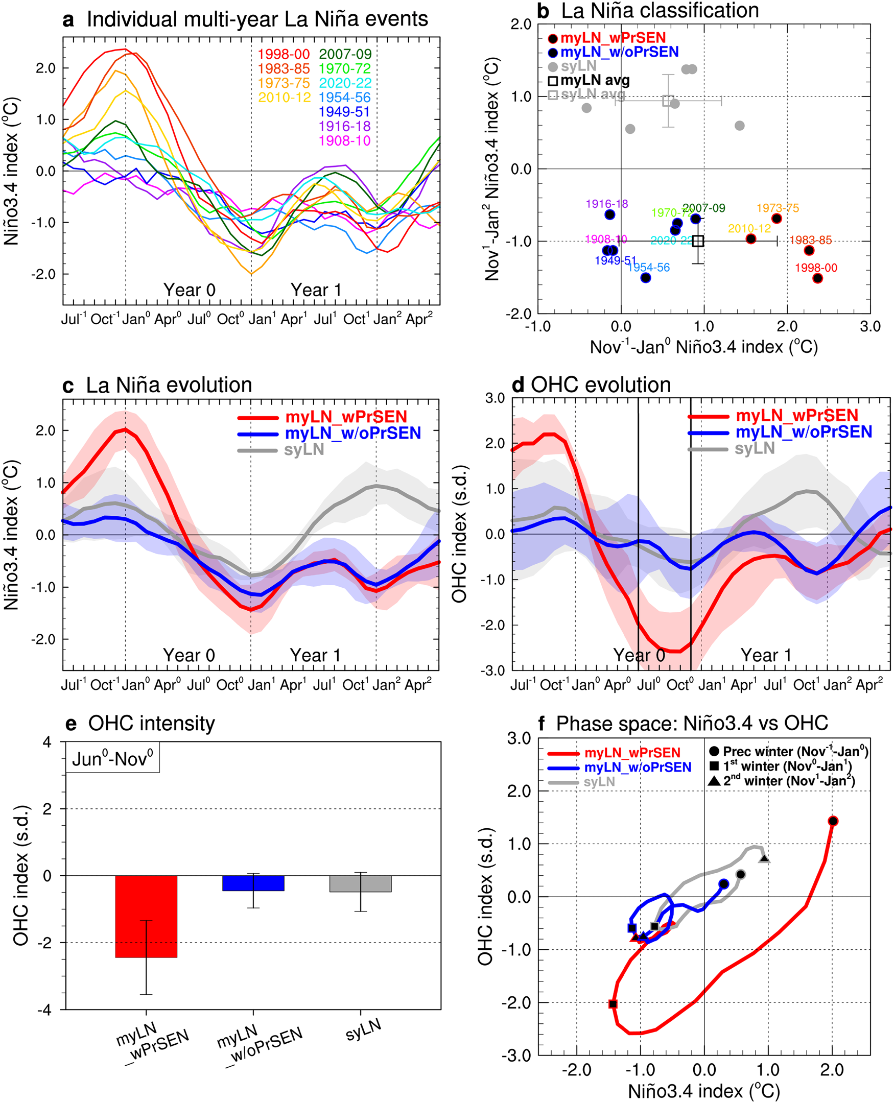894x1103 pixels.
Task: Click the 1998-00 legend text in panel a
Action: [x=283, y=54]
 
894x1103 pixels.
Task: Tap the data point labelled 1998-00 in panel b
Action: [x=817, y=278]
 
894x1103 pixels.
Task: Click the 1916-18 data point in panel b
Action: [x=610, y=214]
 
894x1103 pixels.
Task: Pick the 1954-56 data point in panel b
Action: [x=646, y=278]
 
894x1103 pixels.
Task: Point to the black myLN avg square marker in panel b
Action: [x=698, y=241]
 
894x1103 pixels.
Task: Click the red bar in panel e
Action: [x=146, y=916]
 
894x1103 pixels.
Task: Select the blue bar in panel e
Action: [x=253, y=883]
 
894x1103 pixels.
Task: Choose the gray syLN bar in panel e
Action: [x=360, y=883]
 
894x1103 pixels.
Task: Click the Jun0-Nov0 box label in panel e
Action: [x=112, y=758]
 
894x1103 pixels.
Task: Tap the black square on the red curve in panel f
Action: [x=613, y=1003]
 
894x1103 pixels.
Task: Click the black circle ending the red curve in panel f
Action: [x=833, y=821]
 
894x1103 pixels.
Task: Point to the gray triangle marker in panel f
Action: [x=765, y=859]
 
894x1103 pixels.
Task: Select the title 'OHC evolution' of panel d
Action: [x=600, y=385]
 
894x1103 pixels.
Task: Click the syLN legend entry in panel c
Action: [x=304, y=450]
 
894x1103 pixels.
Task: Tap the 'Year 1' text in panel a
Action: [x=316, y=290]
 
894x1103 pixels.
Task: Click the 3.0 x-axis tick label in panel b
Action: [x=870, y=326]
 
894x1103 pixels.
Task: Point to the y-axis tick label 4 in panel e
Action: [x=48, y=742]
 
